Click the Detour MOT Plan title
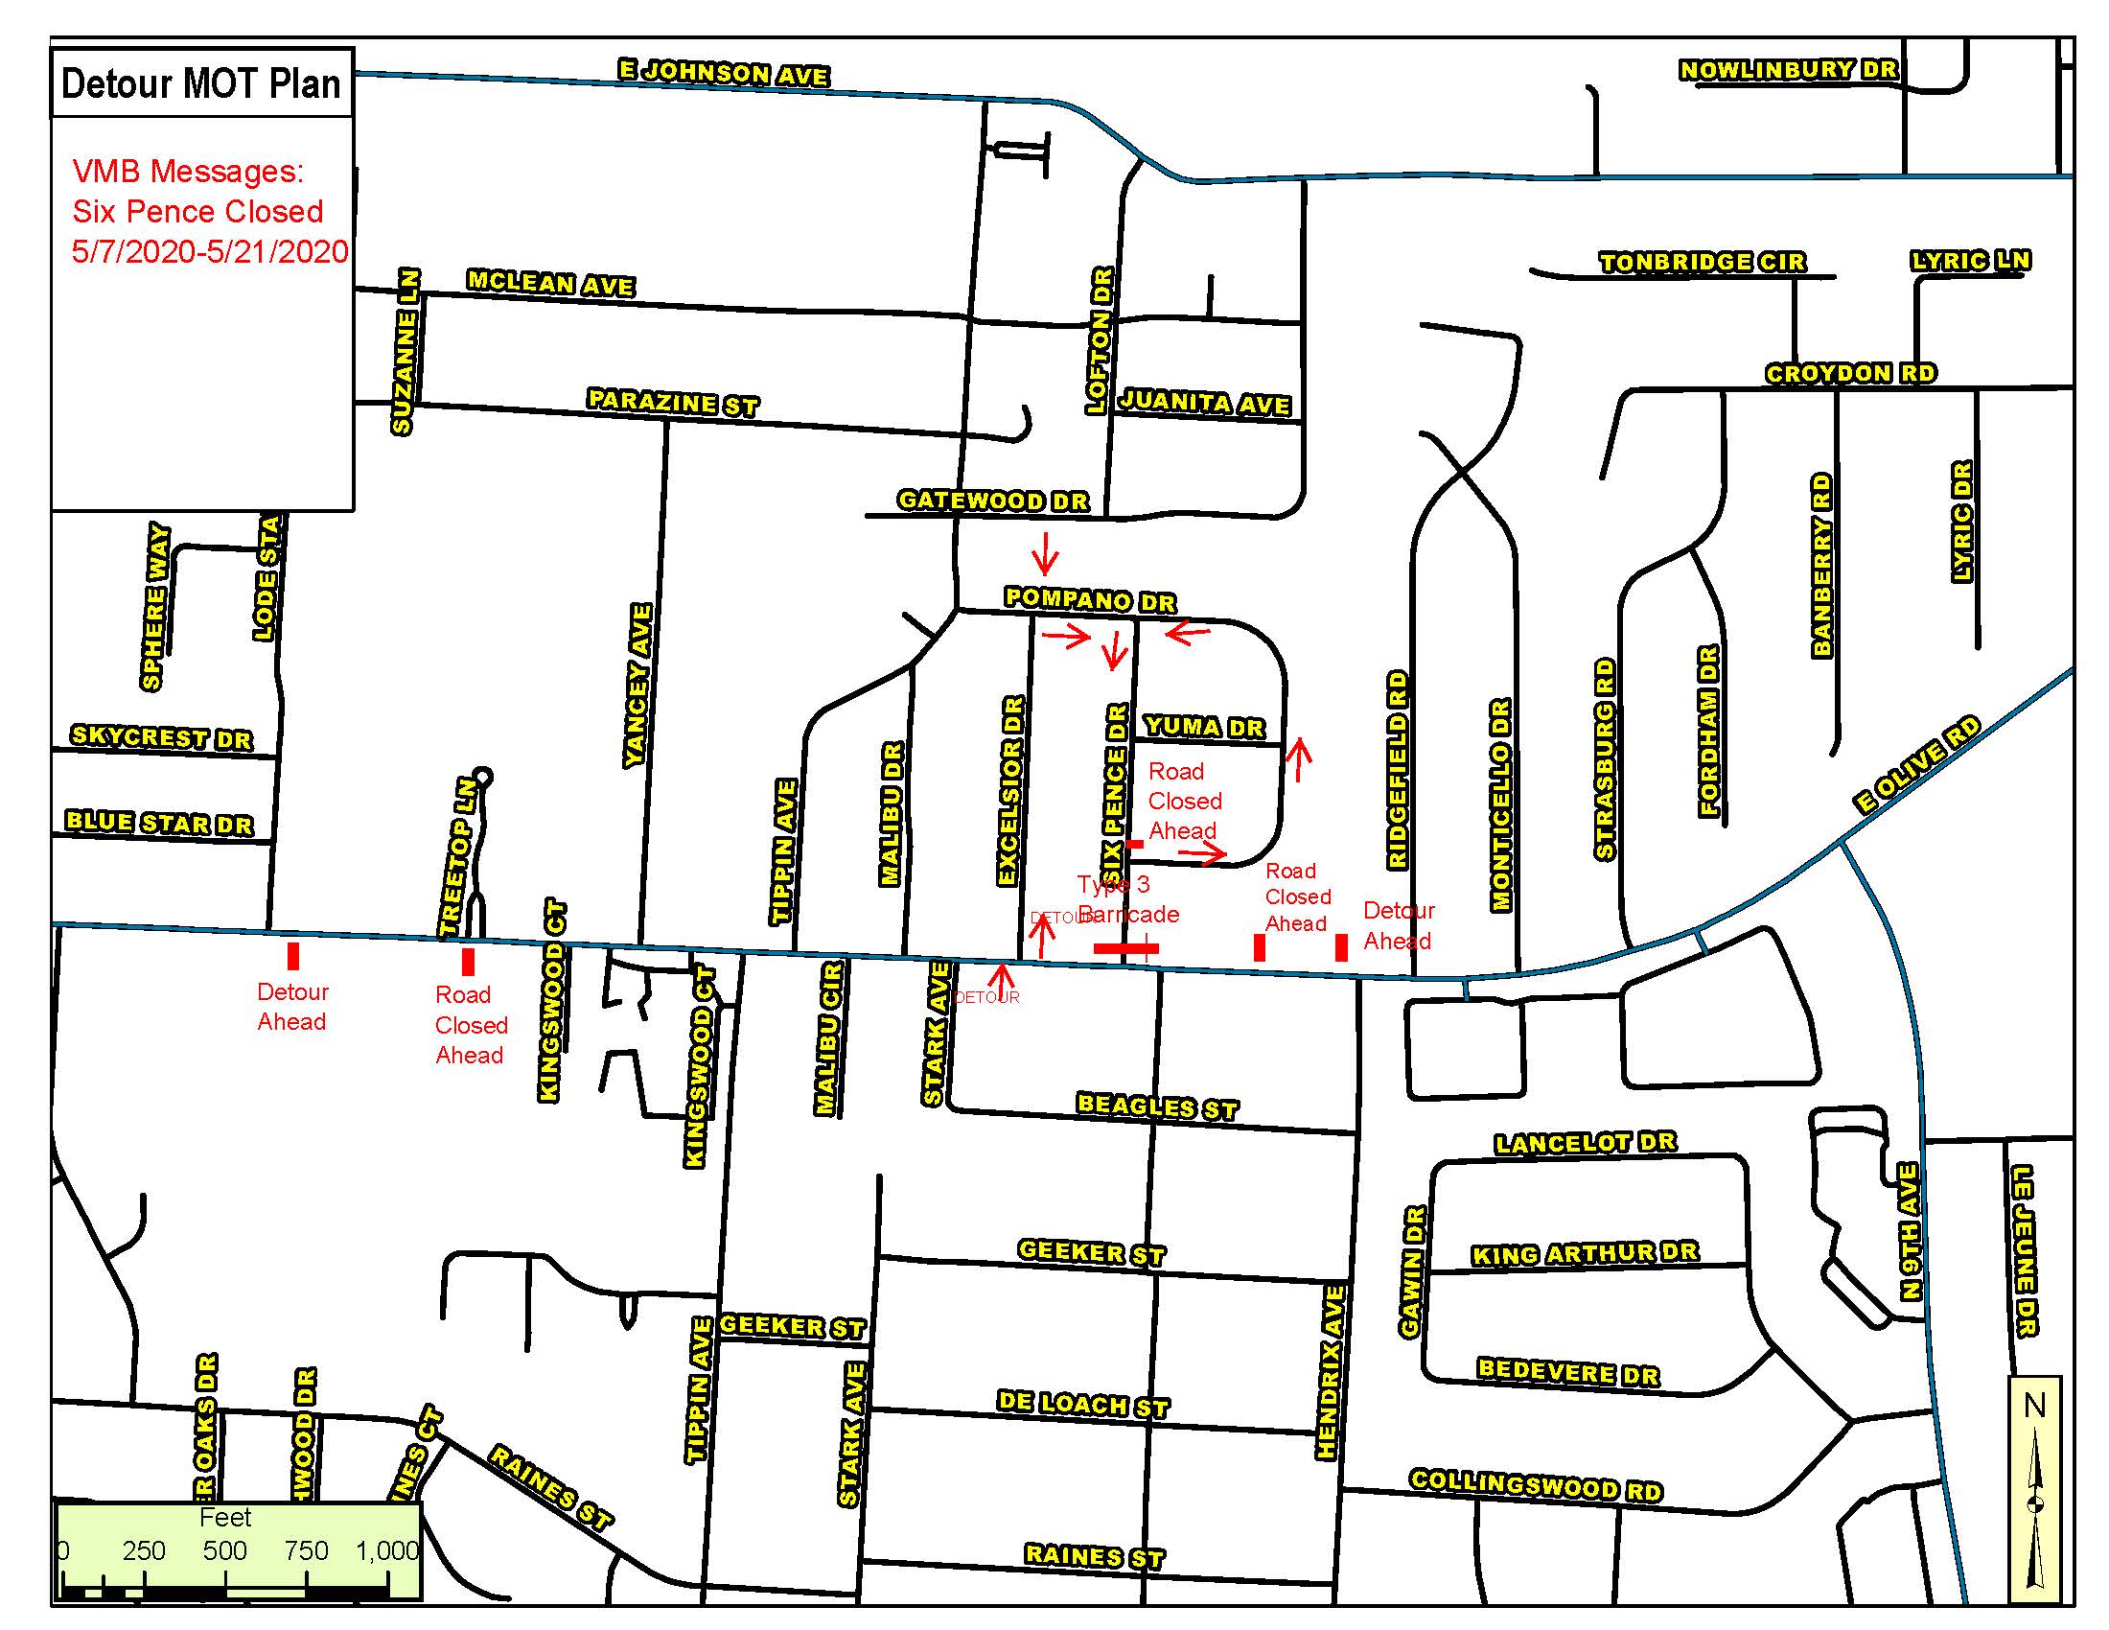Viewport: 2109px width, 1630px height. [x=201, y=84]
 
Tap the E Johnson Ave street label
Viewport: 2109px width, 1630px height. [x=723, y=73]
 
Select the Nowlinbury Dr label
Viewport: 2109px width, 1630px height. [x=1789, y=70]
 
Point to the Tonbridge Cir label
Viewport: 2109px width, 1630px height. [x=1702, y=262]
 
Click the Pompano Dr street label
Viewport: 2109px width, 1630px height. [x=1089, y=599]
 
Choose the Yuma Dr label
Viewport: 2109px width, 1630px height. [x=1203, y=726]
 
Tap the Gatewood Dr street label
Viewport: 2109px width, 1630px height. [x=993, y=501]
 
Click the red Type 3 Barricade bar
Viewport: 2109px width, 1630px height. [x=1125, y=948]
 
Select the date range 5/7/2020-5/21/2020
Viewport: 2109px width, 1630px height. [x=210, y=252]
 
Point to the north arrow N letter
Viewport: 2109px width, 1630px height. [x=2033, y=1405]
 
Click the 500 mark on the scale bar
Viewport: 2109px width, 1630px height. [x=224, y=1550]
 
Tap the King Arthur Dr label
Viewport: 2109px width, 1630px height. [x=1584, y=1253]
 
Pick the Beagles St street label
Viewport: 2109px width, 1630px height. [x=1157, y=1106]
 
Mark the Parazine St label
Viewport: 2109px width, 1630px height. [x=673, y=402]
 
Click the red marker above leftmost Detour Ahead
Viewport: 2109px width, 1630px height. [x=293, y=956]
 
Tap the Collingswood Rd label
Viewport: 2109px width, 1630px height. [x=1536, y=1484]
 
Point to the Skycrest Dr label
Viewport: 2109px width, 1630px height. [x=161, y=736]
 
